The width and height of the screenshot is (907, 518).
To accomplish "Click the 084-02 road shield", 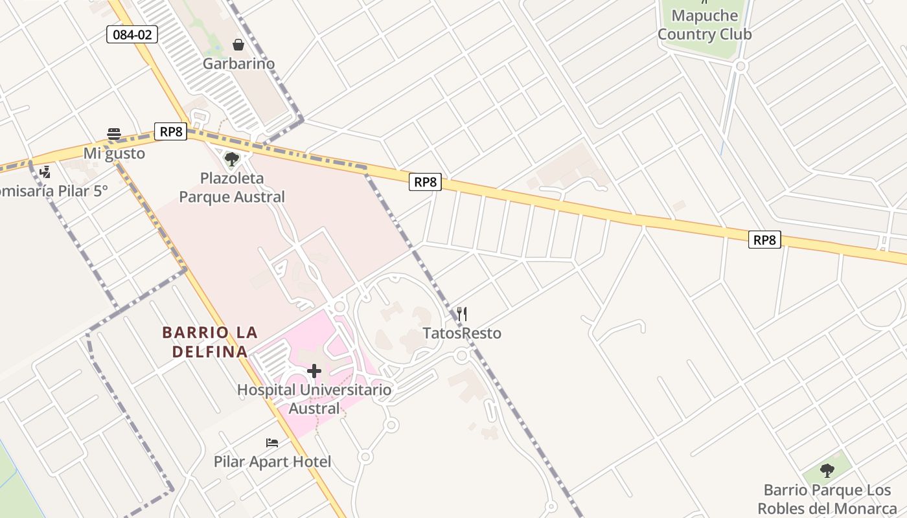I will tap(132, 34).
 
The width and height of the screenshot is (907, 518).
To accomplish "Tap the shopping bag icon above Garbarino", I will tap(238, 45).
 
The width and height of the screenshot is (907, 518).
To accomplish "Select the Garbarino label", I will tap(238, 63).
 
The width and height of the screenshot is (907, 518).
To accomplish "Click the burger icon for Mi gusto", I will tap(114, 134).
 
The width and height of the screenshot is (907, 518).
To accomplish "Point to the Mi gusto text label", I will tap(114, 153).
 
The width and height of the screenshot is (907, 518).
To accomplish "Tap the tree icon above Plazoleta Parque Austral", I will tap(231, 159).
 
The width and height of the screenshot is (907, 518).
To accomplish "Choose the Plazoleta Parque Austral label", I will tap(232, 187).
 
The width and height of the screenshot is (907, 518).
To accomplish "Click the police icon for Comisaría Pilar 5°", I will tap(45, 172).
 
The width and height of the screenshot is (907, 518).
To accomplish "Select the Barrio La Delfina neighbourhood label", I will tap(209, 342).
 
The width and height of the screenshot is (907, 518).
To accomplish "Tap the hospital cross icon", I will tap(314, 371).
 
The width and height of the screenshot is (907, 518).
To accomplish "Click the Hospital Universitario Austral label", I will tap(314, 399).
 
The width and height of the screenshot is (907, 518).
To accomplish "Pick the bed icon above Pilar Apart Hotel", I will tap(272, 443).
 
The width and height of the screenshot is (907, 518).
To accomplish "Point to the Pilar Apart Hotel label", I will tap(272, 462).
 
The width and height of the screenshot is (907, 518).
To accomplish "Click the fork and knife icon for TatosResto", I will tap(462, 314).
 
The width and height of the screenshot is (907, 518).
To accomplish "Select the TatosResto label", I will tap(462, 333).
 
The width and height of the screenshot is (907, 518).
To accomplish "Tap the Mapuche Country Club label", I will tap(704, 25).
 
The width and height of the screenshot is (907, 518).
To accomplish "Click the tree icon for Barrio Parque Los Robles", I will tap(827, 471).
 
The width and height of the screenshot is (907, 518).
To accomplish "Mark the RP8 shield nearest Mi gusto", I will tap(170, 131).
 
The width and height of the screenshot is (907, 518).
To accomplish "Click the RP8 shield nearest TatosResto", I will tap(425, 182).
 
